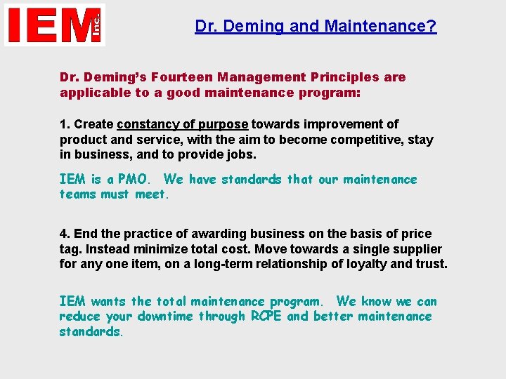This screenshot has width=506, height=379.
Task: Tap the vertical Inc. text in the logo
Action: (x=96, y=25)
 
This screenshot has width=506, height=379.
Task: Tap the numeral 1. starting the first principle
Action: (x=65, y=124)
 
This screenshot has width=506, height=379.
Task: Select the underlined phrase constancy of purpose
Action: (x=183, y=124)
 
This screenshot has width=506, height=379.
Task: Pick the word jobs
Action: (x=240, y=155)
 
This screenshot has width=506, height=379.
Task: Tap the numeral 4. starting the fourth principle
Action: (x=65, y=234)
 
